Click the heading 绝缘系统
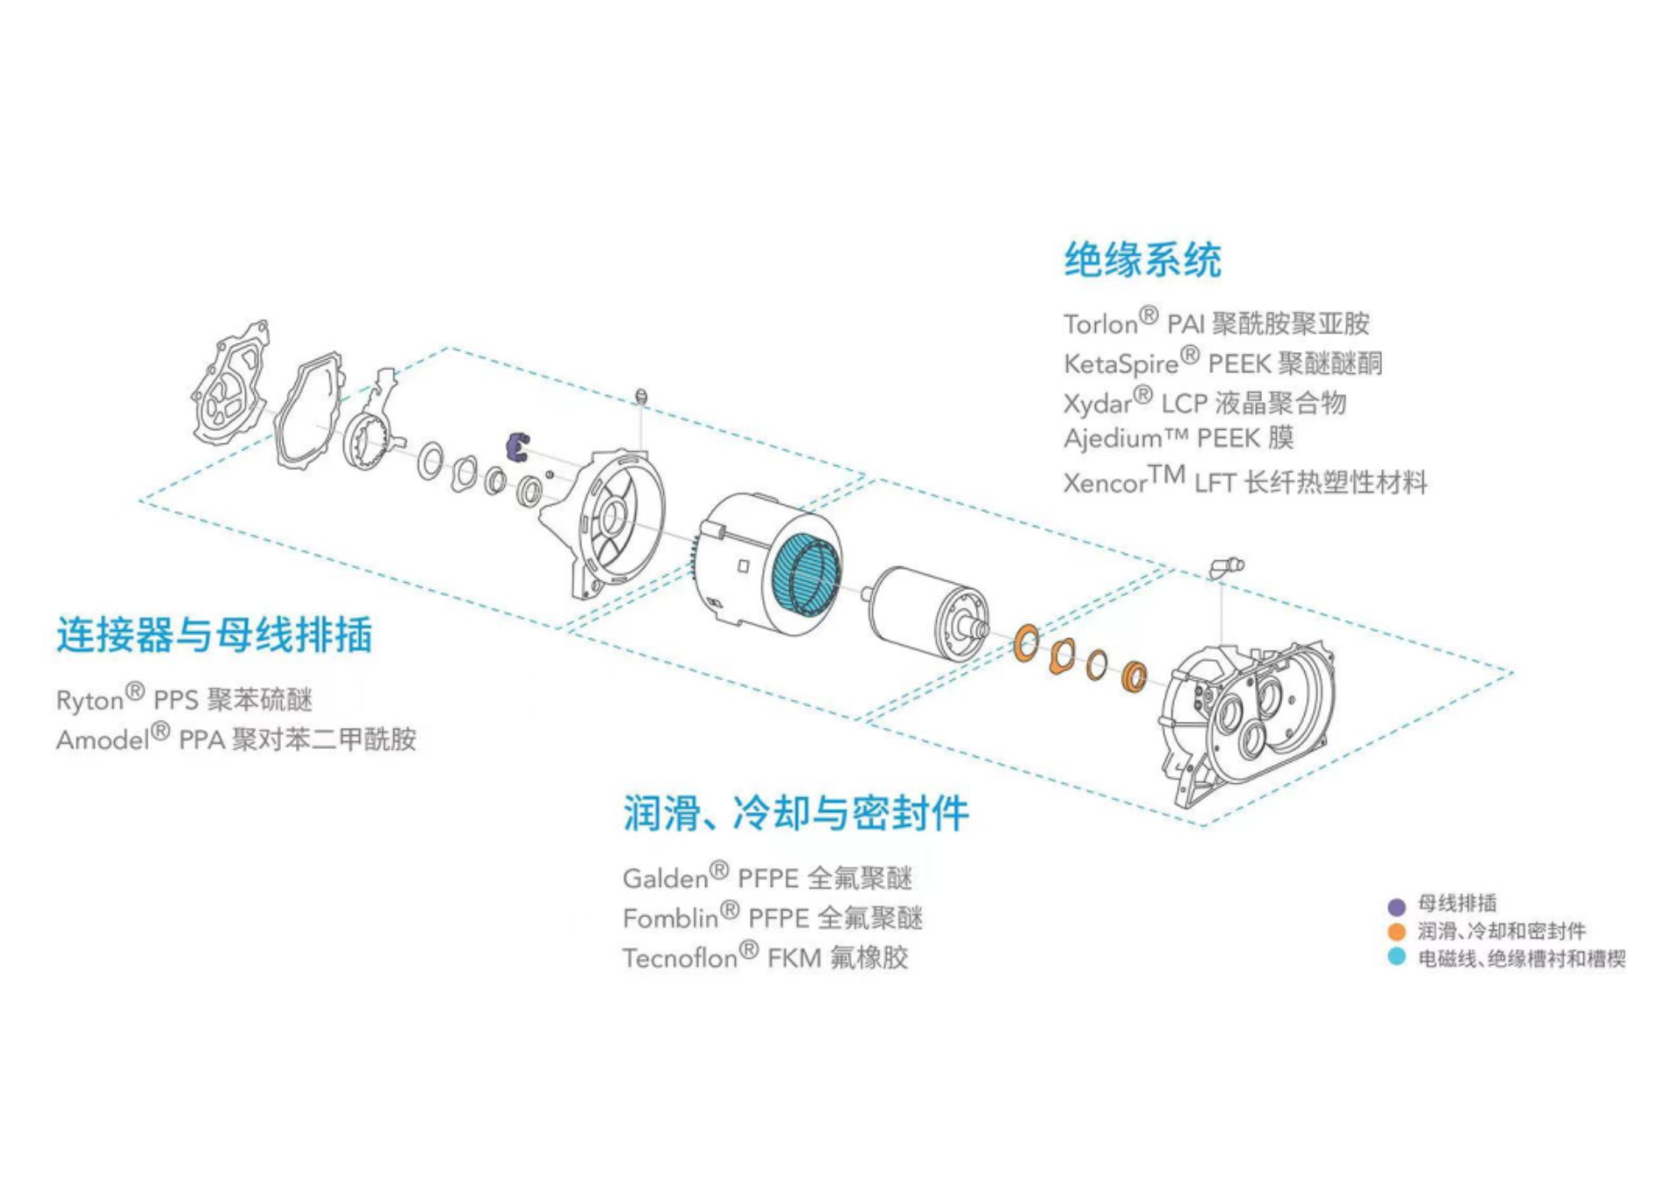click(1142, 260)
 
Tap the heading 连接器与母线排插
click(214, 634)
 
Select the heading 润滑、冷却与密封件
click(796, 813)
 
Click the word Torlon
click(1100, 325)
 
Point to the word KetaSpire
click(1121, 364)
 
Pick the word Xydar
click(1097, 404)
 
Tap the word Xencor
click(1105, 483)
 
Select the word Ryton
click(90, 701)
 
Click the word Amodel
click(103, 740)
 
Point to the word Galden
click(665, 879)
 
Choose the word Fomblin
click(670, 918)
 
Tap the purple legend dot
click(1396, 906)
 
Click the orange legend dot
click(1396, 932)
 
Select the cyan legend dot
click(1396, 957)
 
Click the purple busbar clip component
click(517, 445)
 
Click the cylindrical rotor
click(922, 610)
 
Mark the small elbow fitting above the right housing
click(1226, 566)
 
